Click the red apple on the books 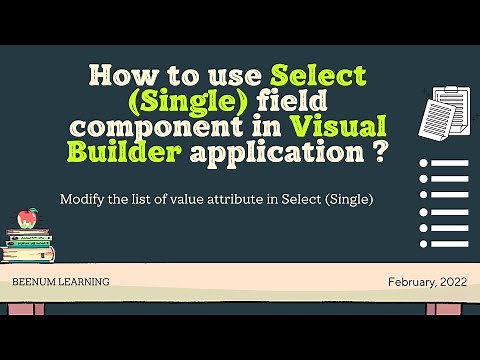29,217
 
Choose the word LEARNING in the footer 84,283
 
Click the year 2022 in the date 449,283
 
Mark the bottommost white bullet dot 424,243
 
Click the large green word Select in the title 319,76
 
